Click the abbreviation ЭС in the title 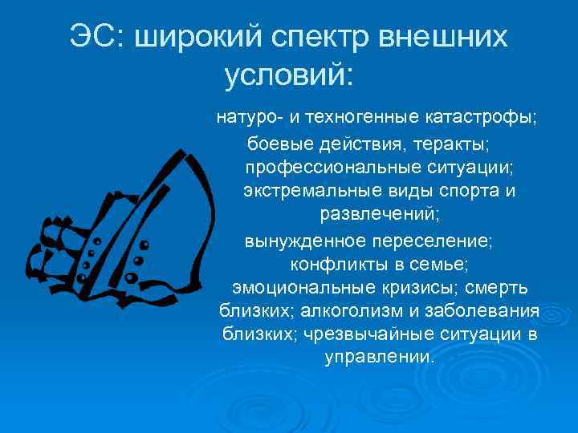92,38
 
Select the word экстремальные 299,192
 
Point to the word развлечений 379,215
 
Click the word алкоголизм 327,310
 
